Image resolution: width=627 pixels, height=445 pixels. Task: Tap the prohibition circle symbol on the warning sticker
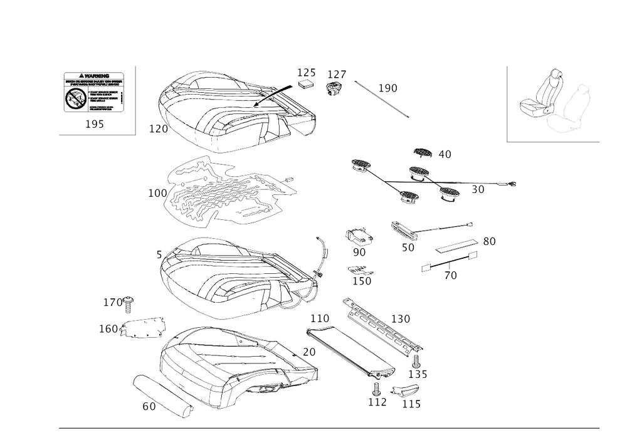coord(75,97)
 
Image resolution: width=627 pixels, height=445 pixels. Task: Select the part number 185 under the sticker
coord(95,125)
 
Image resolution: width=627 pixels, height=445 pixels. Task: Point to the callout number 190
coord(388,89)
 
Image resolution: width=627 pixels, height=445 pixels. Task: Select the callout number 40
coord(445,154)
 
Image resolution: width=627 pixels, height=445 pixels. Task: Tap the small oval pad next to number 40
coord(424,152)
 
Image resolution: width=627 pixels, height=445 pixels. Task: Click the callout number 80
coord(489,240)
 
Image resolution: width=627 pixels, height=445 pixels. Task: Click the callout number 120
coord(401,319)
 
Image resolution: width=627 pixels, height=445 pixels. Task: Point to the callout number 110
coord(320,319)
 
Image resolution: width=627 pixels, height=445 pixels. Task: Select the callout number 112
coord(378,402)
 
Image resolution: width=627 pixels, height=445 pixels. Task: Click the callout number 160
coord(109,328)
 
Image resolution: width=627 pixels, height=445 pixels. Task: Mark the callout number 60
coord(149,407)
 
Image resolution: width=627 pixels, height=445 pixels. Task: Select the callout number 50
coord(408,248)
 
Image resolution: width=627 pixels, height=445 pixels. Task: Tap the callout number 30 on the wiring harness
coord(478,190)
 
